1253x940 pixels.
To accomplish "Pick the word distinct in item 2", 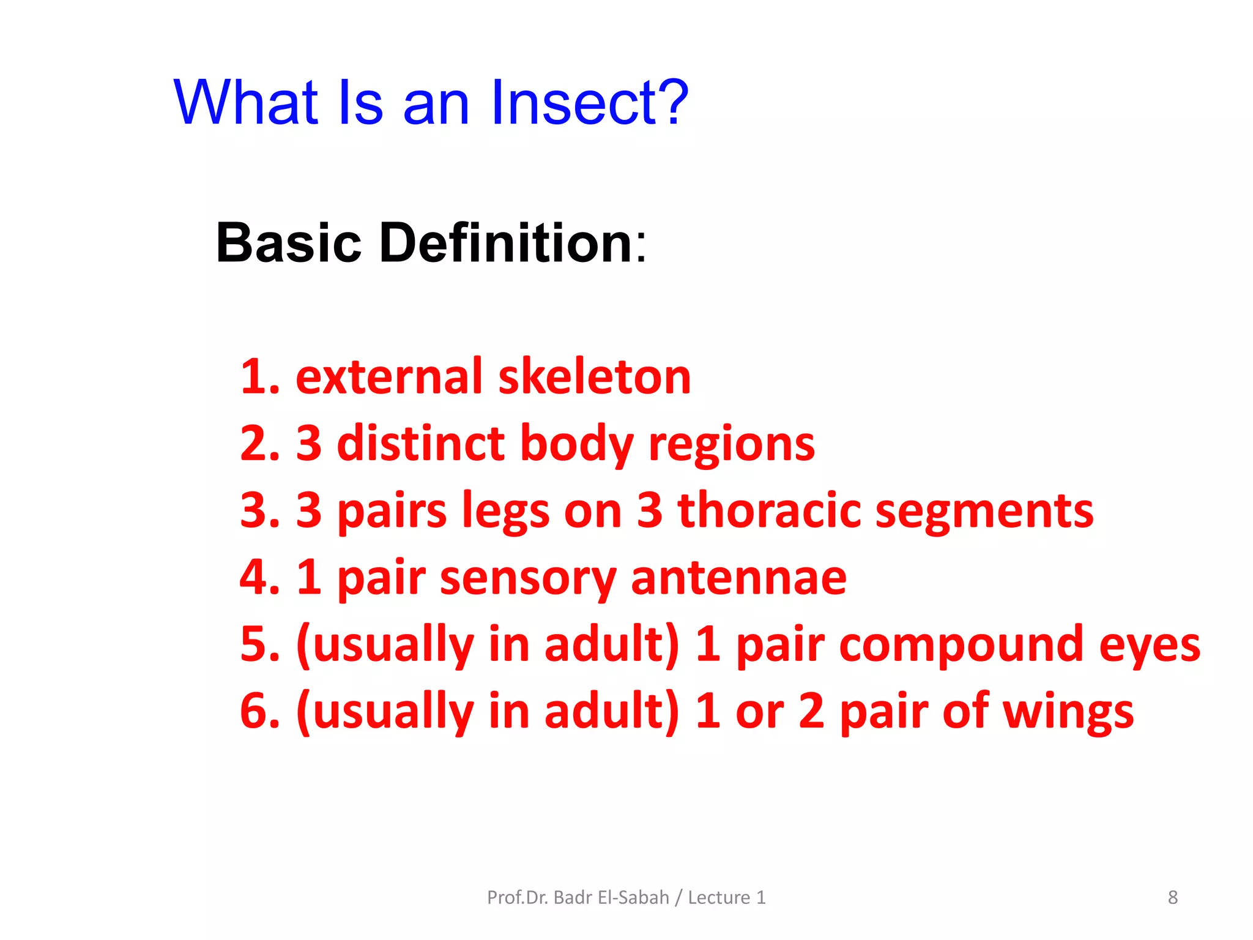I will point(421,443).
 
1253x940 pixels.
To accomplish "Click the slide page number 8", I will point(1172,897).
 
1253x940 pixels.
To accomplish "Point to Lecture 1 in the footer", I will point(726,897).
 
